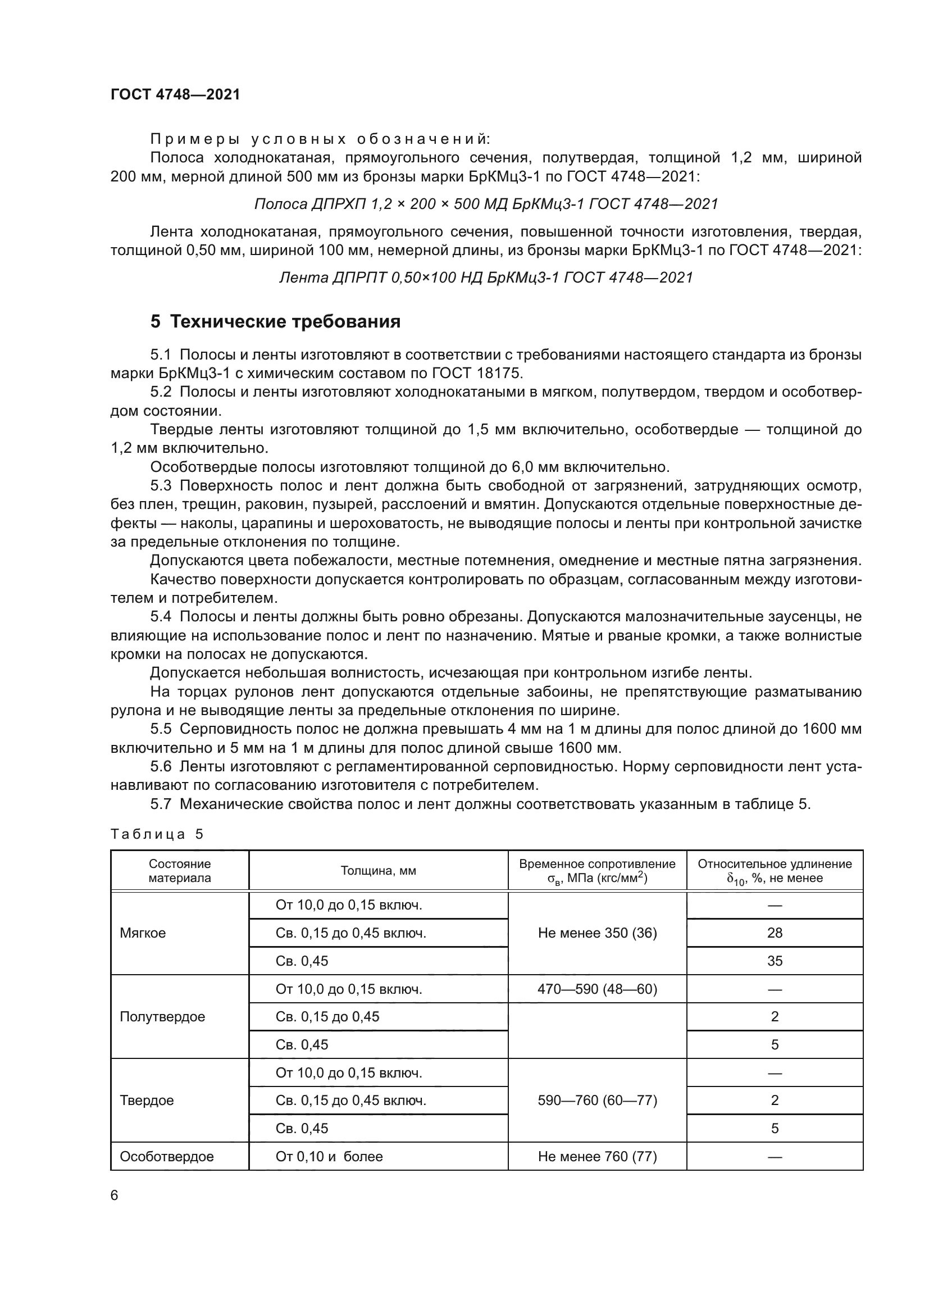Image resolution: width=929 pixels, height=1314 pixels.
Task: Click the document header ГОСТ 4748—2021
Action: (x=175, y=94)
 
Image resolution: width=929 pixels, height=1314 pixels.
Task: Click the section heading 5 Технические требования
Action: (x=275, y=322)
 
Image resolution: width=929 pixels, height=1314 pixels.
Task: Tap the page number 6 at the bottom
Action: (x=115, y=1195)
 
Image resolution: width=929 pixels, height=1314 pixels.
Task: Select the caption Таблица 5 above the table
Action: (x=157, y=834)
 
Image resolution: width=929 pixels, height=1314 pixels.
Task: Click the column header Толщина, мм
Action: (x=378, y=870)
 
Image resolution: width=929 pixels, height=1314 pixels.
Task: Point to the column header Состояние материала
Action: (x=180, y=870)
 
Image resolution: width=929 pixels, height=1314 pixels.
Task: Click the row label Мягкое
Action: (x=143, y=933)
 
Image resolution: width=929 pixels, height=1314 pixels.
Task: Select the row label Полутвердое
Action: (x=162, y=1016)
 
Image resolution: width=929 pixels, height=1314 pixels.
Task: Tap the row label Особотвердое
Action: (x=166, y=1156)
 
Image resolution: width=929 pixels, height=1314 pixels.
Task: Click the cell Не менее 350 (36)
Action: (x=597, y=933)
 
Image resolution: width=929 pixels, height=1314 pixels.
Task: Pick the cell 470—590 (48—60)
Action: (x=597, y=989)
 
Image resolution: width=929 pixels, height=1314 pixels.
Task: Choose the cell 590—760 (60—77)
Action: (x=597, y=1100)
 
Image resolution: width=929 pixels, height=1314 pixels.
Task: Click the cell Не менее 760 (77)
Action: (x=597, y=1156)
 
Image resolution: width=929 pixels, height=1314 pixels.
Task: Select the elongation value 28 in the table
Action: (x=775, y=933)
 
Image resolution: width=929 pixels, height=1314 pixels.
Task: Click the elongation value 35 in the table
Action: (x=775, y=961)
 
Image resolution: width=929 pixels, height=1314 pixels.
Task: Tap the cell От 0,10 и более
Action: (x=329, y=1156)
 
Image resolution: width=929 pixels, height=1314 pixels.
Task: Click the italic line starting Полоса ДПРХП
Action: (x=486, y=204)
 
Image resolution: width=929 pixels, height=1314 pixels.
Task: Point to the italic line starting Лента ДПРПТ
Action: (x=486, y=278)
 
